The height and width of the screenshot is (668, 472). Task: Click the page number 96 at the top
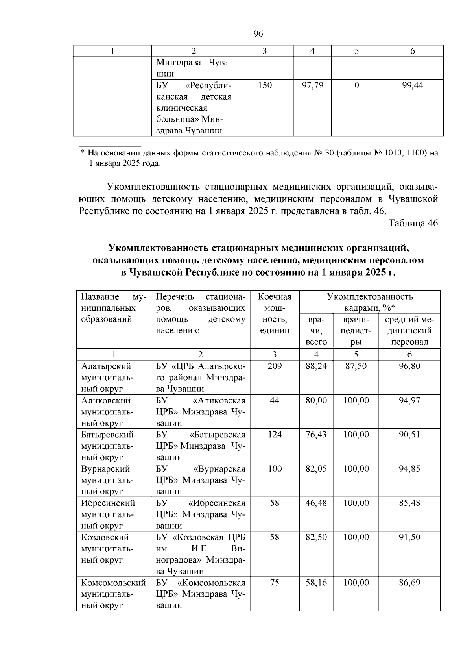(258, 34)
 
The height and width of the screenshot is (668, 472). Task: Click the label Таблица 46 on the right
(413, 223)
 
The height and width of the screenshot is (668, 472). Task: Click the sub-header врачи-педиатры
(356, 331)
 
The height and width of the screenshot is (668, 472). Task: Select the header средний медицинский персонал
(409, 331)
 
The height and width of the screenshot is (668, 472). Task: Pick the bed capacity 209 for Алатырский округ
(275, 366)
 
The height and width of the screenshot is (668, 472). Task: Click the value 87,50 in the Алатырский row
(356, 366)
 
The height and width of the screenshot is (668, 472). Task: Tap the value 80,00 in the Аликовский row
(316, 400)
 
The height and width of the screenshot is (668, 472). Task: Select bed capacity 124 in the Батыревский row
(275, 435)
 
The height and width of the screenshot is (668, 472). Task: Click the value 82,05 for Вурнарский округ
(316, 469)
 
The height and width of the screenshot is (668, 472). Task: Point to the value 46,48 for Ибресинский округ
(316, 503)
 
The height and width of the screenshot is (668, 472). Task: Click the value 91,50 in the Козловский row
(409, 537)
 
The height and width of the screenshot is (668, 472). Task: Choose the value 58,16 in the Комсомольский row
(316, 583)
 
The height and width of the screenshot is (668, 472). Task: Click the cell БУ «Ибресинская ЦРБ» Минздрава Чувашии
(200, 514)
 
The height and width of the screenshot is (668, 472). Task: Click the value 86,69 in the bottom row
(409, 583)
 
